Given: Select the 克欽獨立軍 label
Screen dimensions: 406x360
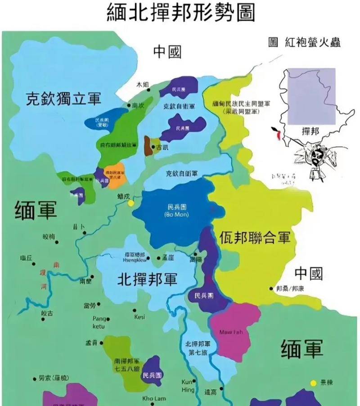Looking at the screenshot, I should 63,99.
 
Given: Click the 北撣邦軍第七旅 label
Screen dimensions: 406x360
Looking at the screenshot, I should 201,348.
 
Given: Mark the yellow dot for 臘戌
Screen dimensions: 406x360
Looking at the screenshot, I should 131,203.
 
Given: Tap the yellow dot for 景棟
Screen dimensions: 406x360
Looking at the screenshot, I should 313,383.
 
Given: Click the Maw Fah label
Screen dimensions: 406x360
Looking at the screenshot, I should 231,332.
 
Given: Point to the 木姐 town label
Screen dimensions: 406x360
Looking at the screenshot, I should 142,84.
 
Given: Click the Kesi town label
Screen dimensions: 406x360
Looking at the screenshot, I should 139,317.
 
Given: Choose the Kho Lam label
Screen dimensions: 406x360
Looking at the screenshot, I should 154,398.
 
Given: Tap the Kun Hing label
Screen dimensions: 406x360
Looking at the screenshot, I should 188,386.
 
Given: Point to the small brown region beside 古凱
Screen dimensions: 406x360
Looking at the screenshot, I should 147,145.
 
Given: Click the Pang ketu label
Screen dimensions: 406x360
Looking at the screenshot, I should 99,322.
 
